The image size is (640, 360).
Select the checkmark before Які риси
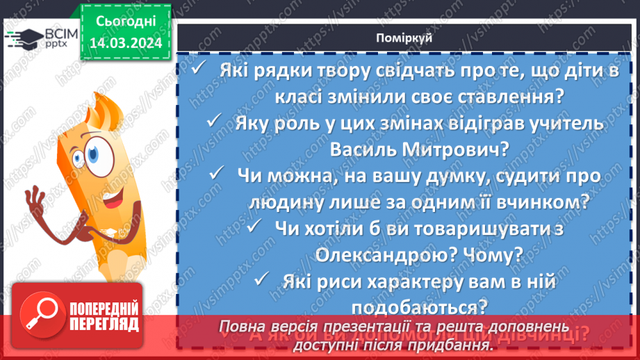point(262,279)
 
